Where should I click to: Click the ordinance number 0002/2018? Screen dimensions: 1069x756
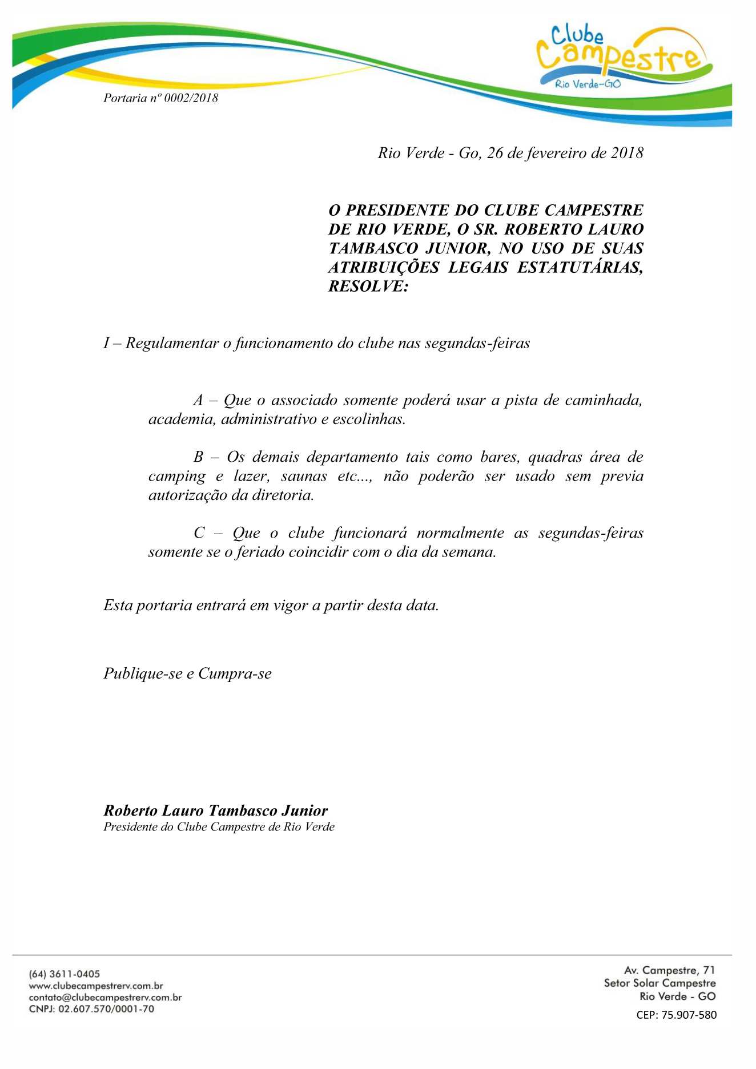[x=191, y=98]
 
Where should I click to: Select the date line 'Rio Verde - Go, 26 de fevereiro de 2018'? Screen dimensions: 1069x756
[x=510, y=153]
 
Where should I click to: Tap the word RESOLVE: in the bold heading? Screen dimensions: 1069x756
[x=368, y=287]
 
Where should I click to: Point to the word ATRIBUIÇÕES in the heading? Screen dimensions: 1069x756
[x=384, y=267]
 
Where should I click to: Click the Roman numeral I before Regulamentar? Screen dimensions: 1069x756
[x=106, y=343]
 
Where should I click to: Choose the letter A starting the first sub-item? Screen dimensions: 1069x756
[x=198, y=400]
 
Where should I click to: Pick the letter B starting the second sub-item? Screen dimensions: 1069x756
[x=198, y=457]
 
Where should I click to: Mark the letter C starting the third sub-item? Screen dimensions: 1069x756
[x=199, y=533]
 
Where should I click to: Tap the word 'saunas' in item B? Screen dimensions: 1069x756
[x=304, y=476]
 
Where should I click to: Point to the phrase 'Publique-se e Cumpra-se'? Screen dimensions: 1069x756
[x=187, y=674]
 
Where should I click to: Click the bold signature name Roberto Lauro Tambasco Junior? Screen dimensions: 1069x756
[x=215, y=810]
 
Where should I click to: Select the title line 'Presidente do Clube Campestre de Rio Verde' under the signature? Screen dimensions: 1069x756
[x=219, y=827]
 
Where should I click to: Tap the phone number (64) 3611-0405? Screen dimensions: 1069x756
[x=64, y=974]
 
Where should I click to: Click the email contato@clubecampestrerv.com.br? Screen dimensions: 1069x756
[x=105, y=998]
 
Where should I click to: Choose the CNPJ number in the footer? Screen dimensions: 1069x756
[x=106, y=1009]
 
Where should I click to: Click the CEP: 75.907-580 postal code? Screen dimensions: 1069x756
[x=676, y=1015]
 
